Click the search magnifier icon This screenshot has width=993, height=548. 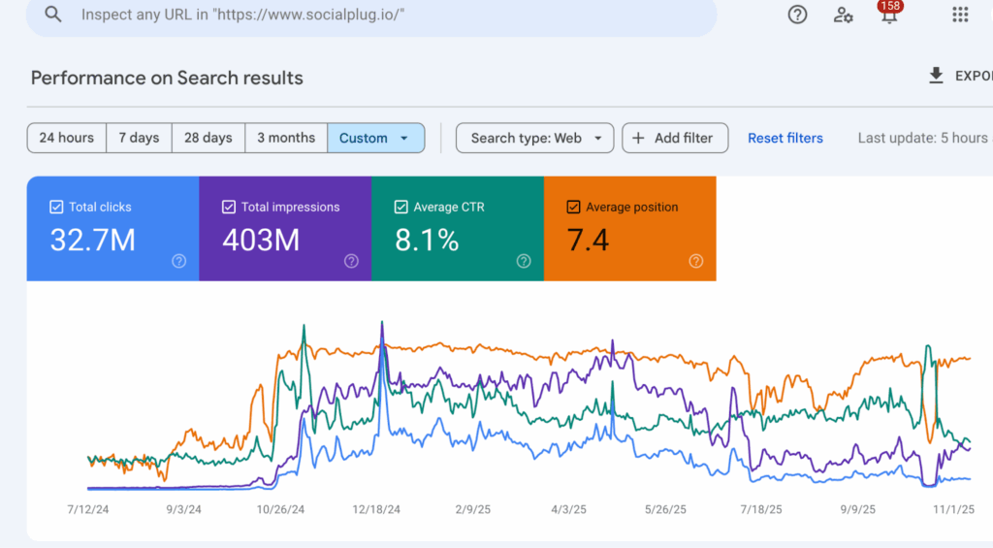pos(53,15)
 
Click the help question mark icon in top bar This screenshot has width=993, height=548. pos(797,15)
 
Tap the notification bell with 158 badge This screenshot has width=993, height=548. pos(888,15)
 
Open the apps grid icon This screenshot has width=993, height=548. pos(960,15)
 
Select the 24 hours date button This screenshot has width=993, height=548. pos(66,138)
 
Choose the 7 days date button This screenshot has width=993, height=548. pos(139,138)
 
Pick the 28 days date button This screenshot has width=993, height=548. pos(208,138)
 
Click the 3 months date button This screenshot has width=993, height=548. pos(286,138)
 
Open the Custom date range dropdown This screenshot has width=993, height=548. pos(375,138)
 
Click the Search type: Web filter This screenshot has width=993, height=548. pos(534,138)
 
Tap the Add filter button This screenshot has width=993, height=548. pos(672,138)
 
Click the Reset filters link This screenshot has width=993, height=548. pos(785,138)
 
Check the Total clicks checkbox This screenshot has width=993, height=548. pos(56,207)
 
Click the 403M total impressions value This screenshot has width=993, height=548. pos(261,240)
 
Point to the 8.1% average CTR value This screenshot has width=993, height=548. pos(427,240)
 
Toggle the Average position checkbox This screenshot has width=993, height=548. pos(573,207)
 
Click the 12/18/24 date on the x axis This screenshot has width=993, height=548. pos(381,508)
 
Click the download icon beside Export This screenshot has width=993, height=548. pos(936,76)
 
